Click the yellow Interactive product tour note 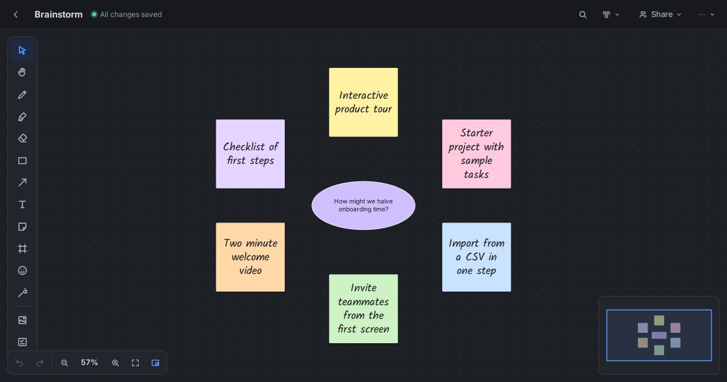[363, 102]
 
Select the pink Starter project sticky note [476, 154]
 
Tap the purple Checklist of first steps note [250, 154]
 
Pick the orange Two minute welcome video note [250, 257]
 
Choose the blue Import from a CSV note [476, 257]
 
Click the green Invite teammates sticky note [363, 309]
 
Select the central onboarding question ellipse [363, 206]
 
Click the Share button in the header [660, 15]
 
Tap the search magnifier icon [583, 15]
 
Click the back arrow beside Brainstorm [16, 15]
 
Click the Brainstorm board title [58, 15]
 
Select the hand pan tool [22, 72]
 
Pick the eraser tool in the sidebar [22, 138]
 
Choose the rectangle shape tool [22, 161]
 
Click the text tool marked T [22, 204]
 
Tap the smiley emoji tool [22, 270]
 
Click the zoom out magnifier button [64, 363]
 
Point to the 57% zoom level [89, 363]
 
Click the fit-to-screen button [135, 363]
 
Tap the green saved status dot [94, 15]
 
